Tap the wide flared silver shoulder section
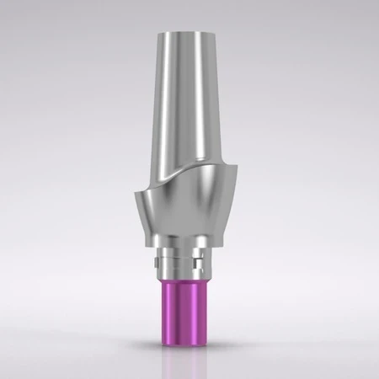click(189, 206)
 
